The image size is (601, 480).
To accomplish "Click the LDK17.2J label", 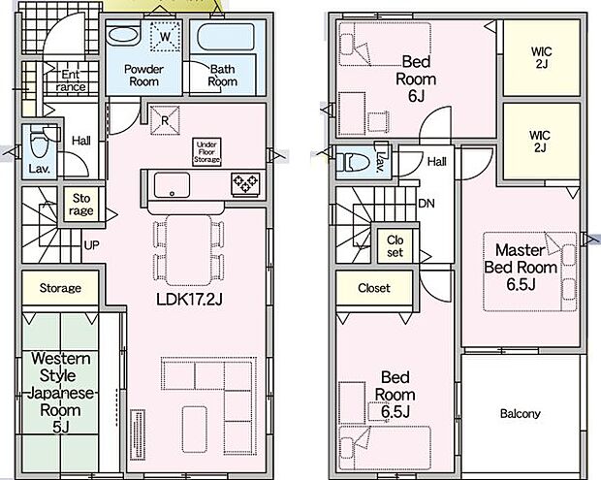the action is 189,299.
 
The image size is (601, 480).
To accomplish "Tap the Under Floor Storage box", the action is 206,152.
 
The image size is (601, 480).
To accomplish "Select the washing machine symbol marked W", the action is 165,37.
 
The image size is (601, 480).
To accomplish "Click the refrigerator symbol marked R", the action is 165,120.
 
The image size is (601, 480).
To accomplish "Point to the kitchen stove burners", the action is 245,183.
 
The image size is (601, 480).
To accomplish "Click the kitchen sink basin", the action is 173,185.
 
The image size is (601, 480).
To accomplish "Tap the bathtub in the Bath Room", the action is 226,37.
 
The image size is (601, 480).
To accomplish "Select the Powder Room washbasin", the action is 123,36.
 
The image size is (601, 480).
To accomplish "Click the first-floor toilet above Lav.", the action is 40,142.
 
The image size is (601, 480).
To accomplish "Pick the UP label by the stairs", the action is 91,245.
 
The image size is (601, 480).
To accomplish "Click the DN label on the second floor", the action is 427,204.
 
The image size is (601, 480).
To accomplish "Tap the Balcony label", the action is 521,414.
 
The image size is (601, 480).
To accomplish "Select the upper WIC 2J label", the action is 541,57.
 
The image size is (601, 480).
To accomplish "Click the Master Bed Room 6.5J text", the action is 521,268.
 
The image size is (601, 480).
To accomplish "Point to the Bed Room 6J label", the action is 416,79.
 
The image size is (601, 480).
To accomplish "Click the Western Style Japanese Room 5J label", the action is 60,393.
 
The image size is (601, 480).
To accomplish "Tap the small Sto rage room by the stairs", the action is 81,205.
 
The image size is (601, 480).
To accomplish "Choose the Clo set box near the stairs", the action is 395,246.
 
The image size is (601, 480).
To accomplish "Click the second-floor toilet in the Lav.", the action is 353,162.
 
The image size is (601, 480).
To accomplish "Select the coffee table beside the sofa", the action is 195,429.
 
